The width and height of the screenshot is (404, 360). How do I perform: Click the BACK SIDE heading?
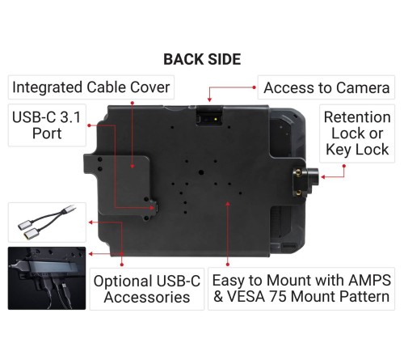(202, 59)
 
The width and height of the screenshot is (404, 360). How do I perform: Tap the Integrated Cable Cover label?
(91, 87)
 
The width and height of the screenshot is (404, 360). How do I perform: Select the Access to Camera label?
(326, 87)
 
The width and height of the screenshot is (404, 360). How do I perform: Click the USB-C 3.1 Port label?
(47, 125)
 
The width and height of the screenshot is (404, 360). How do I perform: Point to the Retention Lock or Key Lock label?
(357, 133)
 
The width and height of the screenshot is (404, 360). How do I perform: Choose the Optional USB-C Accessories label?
(147, 289)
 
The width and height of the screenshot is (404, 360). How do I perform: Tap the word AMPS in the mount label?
(369, 280)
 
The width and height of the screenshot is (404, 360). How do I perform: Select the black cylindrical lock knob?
(314, 176)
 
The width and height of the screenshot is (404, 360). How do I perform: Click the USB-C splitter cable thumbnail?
(47, 222)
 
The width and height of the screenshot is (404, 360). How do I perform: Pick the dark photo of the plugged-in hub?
(47, 278)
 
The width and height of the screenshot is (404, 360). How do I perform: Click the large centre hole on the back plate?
(200, 172)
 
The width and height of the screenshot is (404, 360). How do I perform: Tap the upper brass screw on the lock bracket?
(297, 171)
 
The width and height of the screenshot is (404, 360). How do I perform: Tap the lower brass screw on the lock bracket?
(298, 193)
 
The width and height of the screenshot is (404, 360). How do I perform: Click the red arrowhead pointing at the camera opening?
(209, 100)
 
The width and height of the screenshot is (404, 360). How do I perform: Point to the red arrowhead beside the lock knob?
(323, 177)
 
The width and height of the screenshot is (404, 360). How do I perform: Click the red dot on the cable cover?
(133, 167)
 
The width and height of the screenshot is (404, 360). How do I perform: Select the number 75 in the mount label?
(278, 297)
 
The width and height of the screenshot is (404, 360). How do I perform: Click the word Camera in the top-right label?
(363, 87)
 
